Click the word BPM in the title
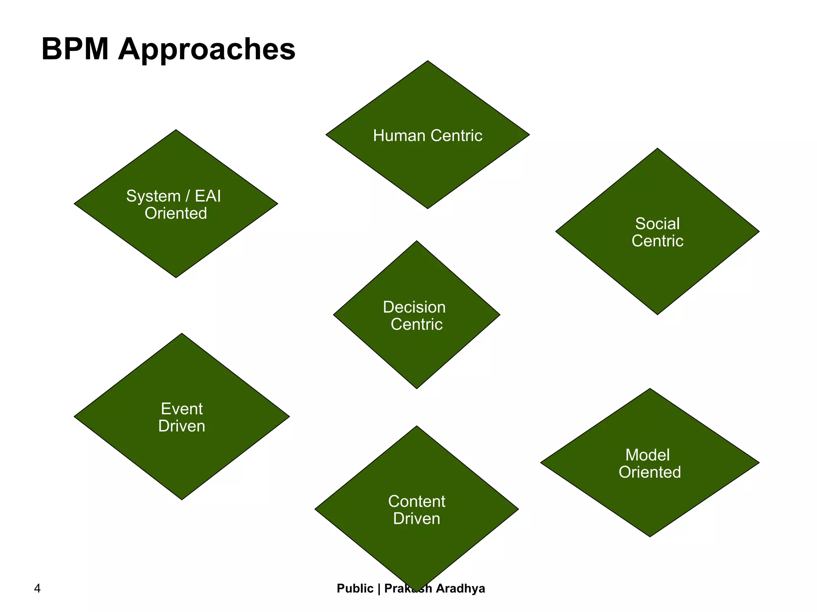pyautogui.click(x=75, y=49)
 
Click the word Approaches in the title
pyautogui.click(x=207, y=50)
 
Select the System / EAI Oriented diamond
pyautogui.click(x=176, y=239)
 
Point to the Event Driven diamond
pyautogui.click(x=182, y=451)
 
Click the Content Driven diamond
pyautogui.click(x=416, y=542)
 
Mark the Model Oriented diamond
pyautogui.click(x=650, y=494)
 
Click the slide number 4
pyautogui.click(x=37, y=588)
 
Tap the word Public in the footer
pyautogui.click(x=355, y=588)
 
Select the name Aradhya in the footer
pyautogui.click(x=460, y=588)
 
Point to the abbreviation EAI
pyautogui.click(x=207, y=196)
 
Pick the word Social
pyautogui.click(x=657, y=224)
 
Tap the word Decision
pyautogui.click(x=414, y=307)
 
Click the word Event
pyautogui.click(x=182, y=409)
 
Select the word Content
pyautogui.click(x=416, y=502)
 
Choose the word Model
pyautogui.click(x=647, y=455)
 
